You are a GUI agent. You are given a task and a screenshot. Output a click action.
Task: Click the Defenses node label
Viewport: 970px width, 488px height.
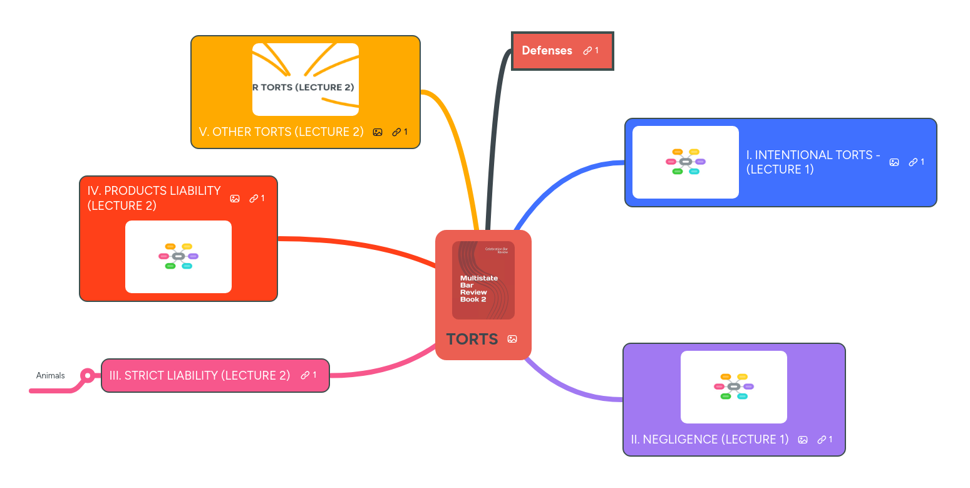(x=547, y=51)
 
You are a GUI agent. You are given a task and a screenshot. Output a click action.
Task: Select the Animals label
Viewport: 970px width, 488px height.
(x=50, y=376)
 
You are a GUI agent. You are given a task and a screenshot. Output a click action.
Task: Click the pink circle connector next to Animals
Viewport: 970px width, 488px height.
(x=88, y=376)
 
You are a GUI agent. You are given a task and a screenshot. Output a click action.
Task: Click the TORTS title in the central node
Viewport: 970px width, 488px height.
(x=472, y=339)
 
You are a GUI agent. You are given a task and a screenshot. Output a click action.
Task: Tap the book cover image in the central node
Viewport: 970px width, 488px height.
(x=483, y=280)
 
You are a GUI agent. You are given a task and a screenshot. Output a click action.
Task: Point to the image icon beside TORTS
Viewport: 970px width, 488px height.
(x=512, y=339)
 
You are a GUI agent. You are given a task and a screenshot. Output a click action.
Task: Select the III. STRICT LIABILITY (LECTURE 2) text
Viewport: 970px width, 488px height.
(x=200, y=375)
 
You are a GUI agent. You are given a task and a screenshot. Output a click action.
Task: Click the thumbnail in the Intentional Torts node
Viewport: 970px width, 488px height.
(x=686, y=162)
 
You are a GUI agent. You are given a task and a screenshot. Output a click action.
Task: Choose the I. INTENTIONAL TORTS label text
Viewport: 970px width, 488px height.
(x=813, y=162)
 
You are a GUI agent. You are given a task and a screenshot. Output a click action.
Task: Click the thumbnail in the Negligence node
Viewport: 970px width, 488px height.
(x=734, y=387)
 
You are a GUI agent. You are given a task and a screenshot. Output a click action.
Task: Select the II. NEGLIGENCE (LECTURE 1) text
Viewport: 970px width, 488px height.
(x=709, y=440)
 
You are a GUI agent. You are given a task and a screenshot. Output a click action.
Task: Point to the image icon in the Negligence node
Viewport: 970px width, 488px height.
(x=803, y=440)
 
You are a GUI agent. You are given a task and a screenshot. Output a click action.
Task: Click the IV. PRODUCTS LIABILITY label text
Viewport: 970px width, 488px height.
(x=154, y=198)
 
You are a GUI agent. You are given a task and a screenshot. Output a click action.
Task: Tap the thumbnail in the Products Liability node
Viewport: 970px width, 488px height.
(x=178, y=257)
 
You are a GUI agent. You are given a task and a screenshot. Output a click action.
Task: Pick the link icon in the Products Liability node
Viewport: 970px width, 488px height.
(x=254, y=199)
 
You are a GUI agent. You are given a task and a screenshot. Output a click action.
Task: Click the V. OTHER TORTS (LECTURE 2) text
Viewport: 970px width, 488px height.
(x=281, y=132)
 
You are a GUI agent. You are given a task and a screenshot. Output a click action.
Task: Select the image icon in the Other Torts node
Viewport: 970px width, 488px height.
(x=378, y=132)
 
